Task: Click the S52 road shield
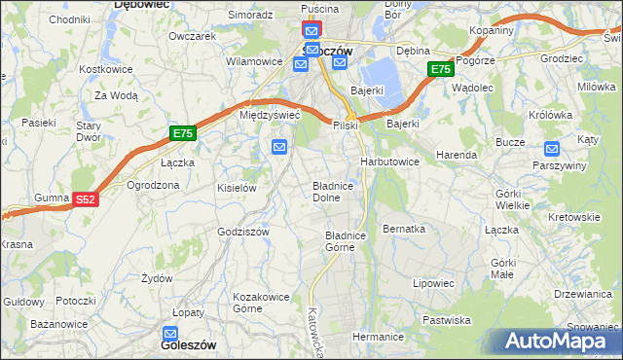86,199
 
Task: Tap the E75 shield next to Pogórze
440,69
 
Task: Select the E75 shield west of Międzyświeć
182,133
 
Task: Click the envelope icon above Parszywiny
552,149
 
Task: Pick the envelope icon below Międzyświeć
279,147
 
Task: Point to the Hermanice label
378,337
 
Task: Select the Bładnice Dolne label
339,191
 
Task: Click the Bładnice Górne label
345,241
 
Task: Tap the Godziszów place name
243,232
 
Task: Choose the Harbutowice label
389,161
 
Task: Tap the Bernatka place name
405,229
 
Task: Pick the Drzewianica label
581,293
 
